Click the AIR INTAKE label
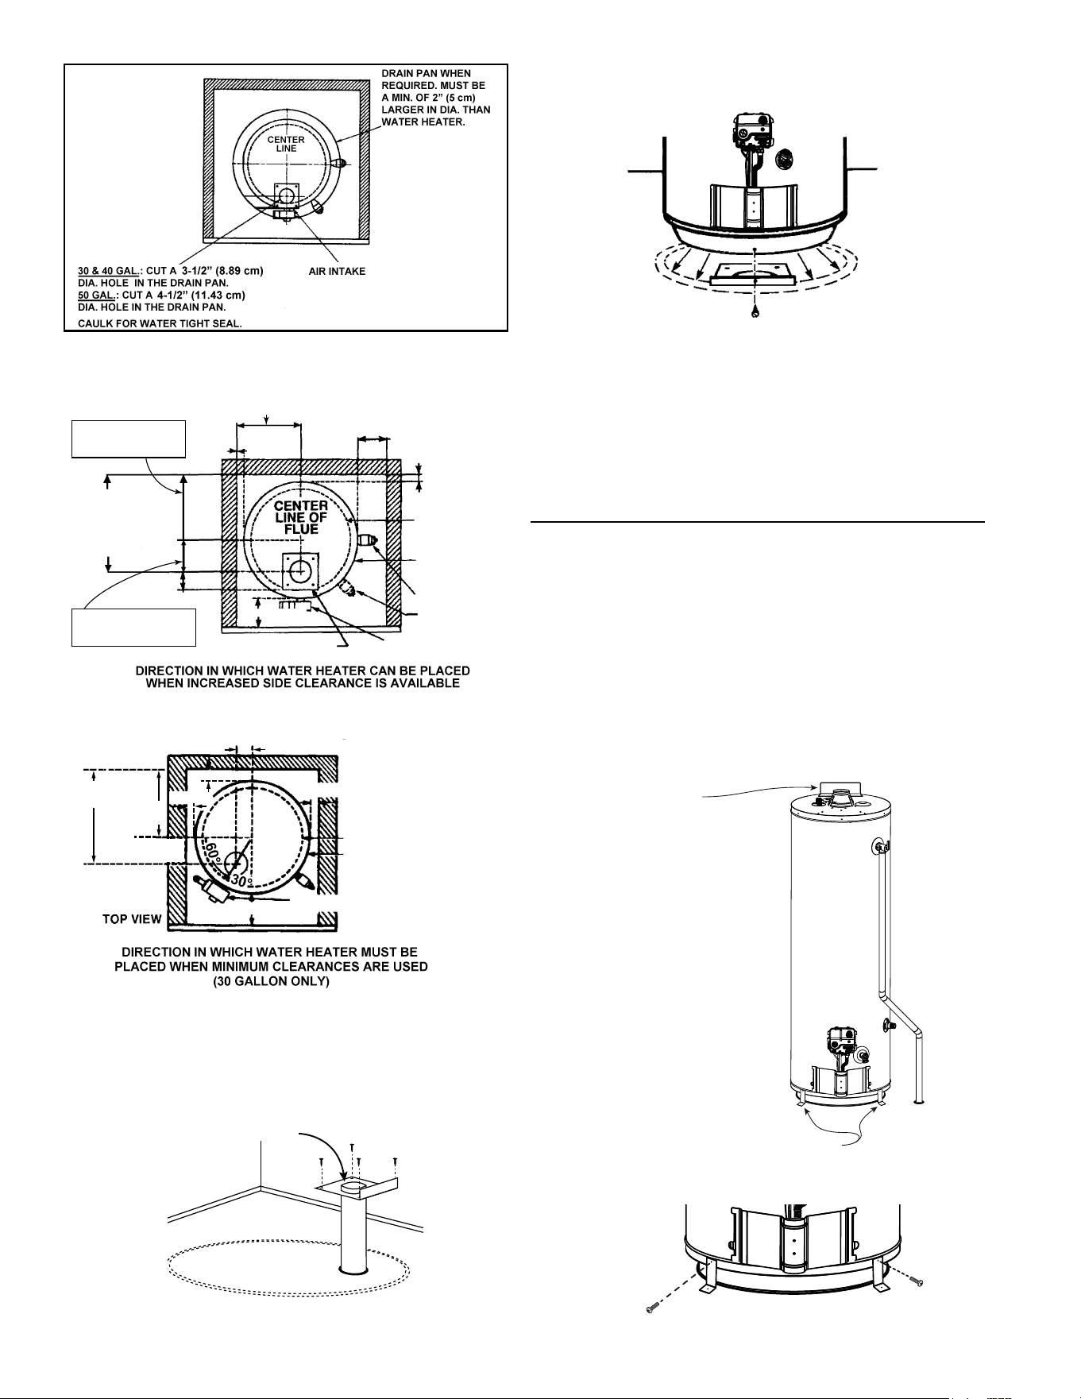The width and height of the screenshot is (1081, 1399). [337, 271]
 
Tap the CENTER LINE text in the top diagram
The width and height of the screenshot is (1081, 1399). [286, 144]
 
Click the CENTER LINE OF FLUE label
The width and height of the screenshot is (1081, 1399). [301, 517]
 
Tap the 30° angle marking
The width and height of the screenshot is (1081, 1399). [241, 880]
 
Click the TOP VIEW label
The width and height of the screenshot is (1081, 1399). [132, 919]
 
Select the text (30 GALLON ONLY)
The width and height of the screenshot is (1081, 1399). [271, 982]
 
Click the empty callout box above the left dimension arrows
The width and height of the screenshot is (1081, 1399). [129, 439]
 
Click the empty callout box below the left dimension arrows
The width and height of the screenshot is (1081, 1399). [133, 628]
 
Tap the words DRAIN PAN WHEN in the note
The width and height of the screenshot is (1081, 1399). [426, 74]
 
